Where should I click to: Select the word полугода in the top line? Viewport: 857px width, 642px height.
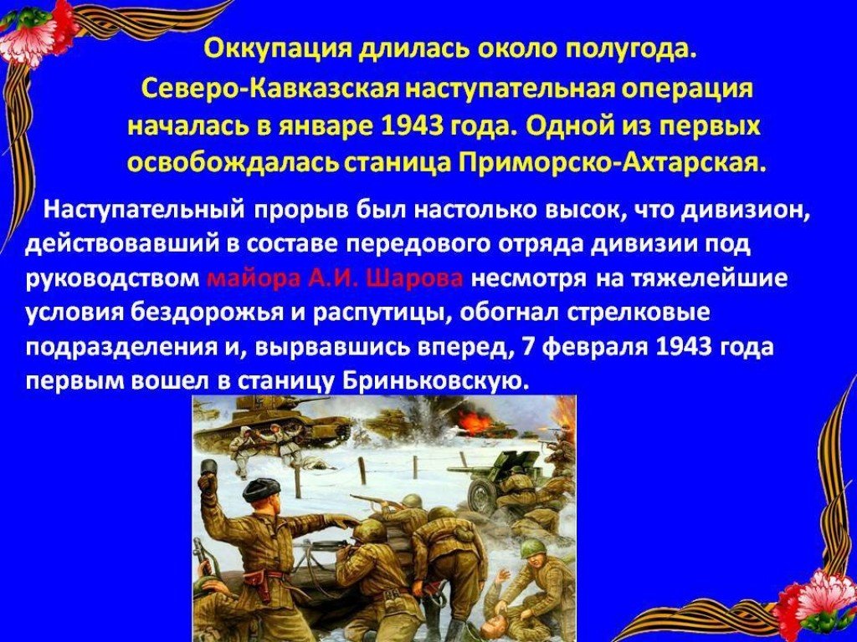click(x=631, y=53)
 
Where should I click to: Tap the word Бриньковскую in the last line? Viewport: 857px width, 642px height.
click(x=435, y=380)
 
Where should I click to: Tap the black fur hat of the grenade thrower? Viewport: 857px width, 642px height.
click(x=260, y=491)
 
